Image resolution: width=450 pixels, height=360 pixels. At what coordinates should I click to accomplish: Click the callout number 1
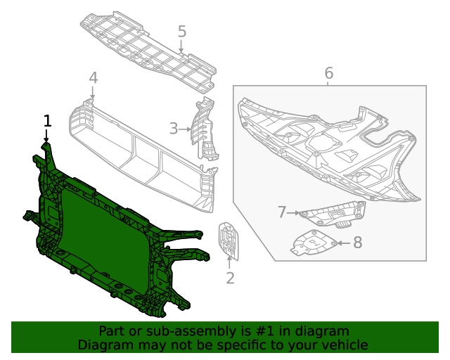(48, 121)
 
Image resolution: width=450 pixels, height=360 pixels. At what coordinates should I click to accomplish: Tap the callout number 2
(230, 278)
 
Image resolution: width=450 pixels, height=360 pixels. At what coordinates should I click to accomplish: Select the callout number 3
(174, 129)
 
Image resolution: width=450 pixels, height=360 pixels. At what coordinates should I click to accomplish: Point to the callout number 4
(94, 78)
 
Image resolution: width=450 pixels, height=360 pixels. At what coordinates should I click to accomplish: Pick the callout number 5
(182, 32)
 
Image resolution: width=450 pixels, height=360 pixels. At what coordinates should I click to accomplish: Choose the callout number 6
(328, 72)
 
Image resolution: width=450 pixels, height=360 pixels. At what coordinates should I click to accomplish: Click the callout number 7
(282, 212)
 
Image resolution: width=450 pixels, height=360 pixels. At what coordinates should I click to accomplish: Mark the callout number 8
(358, 243)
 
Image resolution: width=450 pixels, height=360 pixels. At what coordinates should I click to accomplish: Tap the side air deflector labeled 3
(205, 130)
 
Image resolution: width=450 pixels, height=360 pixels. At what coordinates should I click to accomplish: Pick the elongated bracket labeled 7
(330, 213)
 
